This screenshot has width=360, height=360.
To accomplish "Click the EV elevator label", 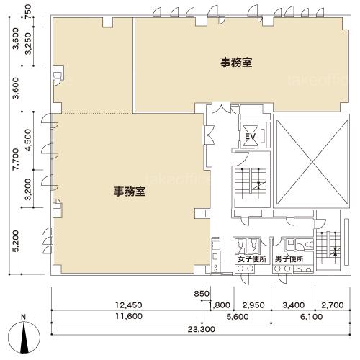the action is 250,136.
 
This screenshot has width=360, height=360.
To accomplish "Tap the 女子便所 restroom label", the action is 252,259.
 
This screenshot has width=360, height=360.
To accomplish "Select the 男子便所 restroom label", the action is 289,259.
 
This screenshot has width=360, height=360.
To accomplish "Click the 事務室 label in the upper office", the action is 236,62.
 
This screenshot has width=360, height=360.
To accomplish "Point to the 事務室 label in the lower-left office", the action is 130,192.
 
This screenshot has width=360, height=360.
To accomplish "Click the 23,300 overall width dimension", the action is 201,329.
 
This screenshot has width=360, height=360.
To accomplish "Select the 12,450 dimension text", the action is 129,305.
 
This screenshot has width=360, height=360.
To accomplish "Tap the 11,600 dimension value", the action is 129,316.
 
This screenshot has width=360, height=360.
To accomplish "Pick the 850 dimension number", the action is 202,294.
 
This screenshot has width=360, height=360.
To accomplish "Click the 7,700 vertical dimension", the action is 16,159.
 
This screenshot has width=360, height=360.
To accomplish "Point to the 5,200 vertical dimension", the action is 16,241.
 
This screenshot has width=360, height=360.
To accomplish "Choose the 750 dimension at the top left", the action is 28,11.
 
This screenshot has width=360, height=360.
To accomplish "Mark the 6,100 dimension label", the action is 311,317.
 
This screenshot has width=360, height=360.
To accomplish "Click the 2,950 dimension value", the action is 253,305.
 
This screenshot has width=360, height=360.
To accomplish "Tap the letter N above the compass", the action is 23,317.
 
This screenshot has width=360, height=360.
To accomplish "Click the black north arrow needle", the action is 24,338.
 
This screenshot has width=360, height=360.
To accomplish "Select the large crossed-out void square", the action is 312,163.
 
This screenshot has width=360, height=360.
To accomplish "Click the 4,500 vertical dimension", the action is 28,140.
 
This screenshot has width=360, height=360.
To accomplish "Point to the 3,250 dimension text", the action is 28,44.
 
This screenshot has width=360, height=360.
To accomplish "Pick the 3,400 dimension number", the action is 294,305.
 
